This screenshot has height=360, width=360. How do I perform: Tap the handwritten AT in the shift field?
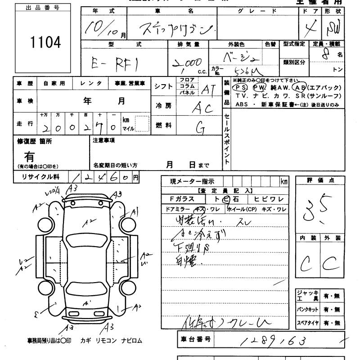coord(208,89)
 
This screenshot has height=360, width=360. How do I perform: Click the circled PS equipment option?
coord(241,87)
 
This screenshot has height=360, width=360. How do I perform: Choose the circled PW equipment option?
coord(260,87)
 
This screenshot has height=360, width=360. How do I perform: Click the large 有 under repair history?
coord(29,157)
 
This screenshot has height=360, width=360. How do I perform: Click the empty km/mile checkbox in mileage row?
coord(142,123)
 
